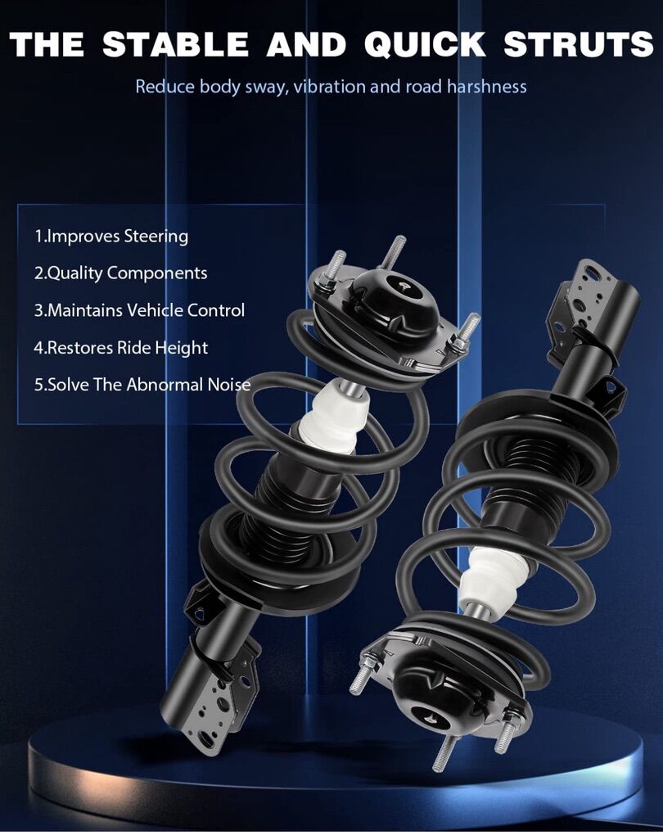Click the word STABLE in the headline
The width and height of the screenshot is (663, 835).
(x=175, y=43)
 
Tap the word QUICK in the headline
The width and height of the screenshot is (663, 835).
(x=425, y=44)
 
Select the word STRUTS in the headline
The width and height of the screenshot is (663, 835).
(x=579, y=43)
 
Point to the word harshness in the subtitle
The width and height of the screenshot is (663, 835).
(x=486, y=86)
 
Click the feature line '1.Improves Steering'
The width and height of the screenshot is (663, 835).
(x=111, y=237)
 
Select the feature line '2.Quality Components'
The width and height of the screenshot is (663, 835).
(x=121, y=273)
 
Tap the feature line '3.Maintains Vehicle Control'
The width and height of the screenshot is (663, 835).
(x=139, y=310)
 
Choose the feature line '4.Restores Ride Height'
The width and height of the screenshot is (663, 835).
(x=121, y=348)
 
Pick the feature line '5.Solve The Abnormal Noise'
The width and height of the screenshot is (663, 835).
(x=142, y=385)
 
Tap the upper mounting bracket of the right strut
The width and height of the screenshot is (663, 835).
(x=586, y=308)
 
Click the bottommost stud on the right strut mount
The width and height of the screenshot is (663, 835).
(x=443, y=752)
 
